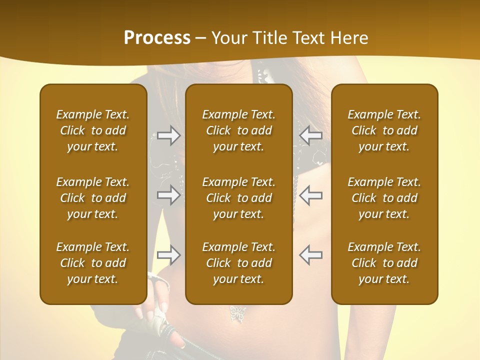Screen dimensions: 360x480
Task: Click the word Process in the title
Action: (x=157, y=38)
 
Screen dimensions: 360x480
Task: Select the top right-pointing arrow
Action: (x=168, y=135)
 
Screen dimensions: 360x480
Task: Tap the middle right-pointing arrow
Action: (x=168, y=195)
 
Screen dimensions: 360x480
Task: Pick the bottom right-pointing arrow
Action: (x=168, y=255)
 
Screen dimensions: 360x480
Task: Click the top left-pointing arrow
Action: (x=311, y=135)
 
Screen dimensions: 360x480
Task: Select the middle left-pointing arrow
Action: (x=311, y=195)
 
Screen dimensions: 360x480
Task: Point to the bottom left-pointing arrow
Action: (x=311, y=255)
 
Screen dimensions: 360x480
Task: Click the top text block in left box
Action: (x=93, y=130)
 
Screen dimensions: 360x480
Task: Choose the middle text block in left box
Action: (x=93, y=198)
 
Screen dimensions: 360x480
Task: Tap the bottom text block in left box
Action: (x=93, y=263)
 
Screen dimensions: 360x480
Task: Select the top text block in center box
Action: (x=238, y=130)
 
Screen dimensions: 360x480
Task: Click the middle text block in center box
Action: (x=238, y=198)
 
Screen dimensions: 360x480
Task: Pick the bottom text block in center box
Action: (x=238, y=263)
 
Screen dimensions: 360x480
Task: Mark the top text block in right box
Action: (x=384, y=130)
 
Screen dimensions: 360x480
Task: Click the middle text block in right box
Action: (x=384, y=198)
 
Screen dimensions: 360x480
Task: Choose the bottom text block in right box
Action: (x=384, y=263)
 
